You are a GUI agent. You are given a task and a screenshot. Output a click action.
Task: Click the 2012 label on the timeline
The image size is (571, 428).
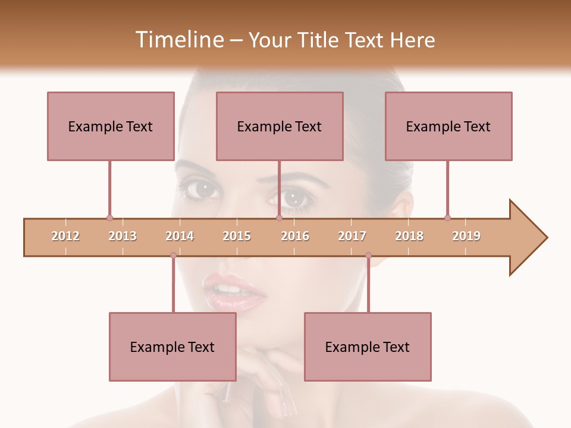pyautogui.click(x=65, y=236)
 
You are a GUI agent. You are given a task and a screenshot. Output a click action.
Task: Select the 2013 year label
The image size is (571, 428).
pyautogui.click(x=123, y=236)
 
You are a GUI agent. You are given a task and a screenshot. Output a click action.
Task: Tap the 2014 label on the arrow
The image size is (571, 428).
pyautogui.click(x=180, y=236)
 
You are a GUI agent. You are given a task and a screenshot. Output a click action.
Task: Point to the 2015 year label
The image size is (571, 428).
pyautogui.click(x=237, y=236)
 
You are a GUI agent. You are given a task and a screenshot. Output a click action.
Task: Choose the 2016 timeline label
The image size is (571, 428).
pyautogui.click(x=295, y=236)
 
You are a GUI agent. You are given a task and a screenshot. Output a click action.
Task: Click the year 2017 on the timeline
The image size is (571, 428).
pyautogui.click(x=352, y=236)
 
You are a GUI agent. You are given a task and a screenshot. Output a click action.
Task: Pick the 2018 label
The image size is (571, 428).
pyautogui.click(x=409, y=236)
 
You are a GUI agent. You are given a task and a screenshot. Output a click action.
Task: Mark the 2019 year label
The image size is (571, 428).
pyautogui.click(x=466, y=236)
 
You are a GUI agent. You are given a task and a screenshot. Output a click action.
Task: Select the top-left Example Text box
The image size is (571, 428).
pyautogui.click(x=111, y=126)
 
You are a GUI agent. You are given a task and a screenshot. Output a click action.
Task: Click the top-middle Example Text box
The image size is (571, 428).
pyautogui.click(x=280, y=126)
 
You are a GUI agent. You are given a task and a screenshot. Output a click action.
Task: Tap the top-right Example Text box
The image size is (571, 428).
pyautogui.click(x=448, y=126)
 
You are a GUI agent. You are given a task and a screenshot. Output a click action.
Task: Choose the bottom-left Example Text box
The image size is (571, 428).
pyautogui.click(x=172, y=347)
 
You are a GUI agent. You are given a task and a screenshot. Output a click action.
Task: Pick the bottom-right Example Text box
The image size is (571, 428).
pyautogui.click(x=368, y=347)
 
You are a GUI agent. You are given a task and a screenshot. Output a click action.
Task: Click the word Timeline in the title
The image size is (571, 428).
pyautogui.click(x=179, y=40)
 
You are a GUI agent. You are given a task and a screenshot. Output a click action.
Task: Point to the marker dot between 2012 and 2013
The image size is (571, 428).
pyautogui.click(x=109, y=218)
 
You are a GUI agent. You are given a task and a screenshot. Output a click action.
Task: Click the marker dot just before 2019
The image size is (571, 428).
pyautogui.click(x=447, y=218)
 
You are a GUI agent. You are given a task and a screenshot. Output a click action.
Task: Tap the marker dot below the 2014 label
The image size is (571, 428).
pyautogui.click(x=173, y=255)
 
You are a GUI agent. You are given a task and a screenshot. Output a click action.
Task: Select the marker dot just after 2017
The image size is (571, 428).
pyautogui.click(x=368, y=255)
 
